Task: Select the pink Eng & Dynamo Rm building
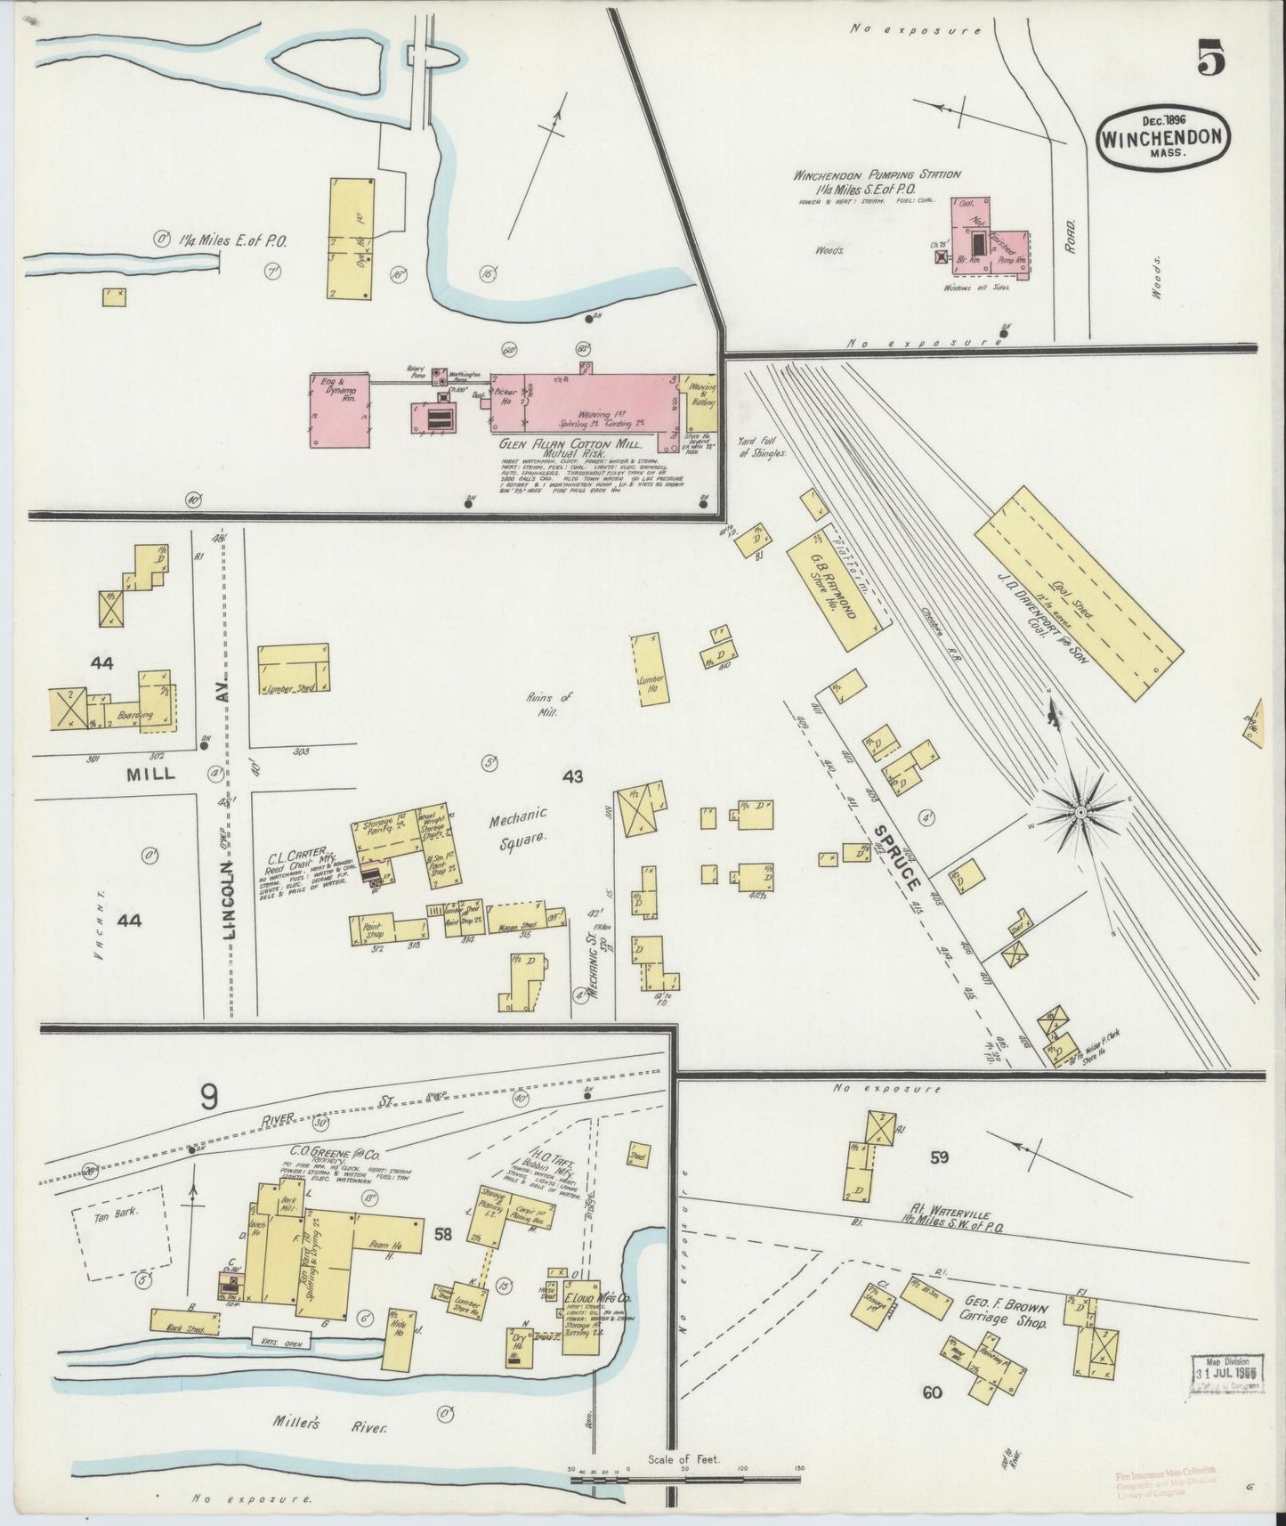click(x=340, y=410)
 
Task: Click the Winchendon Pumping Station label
click(x=877, y=175)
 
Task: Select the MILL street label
click(x=150, y=774)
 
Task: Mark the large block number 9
click(x=208, y=1099)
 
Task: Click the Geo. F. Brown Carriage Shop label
click(x=1007, y=1315)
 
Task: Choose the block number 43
click(x=572, y=776)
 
